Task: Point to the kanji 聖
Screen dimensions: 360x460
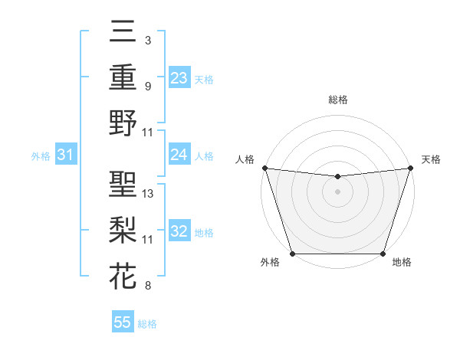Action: [x=123, y=185]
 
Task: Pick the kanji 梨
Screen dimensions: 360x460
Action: [x=123, y=231]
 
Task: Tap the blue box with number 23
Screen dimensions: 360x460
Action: [x=179, y=78]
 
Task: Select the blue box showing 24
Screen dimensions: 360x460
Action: [x=179, y=155]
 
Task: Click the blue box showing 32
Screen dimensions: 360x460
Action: [x=179, y=232]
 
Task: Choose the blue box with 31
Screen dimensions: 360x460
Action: [x=66, y=155]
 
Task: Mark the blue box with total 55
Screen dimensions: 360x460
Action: [x=123, y=322]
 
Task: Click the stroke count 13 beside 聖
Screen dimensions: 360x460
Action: [x=148, y=194]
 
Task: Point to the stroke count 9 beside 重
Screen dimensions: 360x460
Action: [x=148, y=86]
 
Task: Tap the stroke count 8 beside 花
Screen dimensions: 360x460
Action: [x=148, y=286]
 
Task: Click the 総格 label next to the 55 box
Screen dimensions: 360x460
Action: [x=148, y=324]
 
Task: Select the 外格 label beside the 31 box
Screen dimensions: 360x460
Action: [x=41, y=156]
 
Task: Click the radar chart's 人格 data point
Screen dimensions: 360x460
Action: [x=264, y=168]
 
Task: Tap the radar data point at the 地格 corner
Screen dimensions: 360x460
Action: [x=383, y=254]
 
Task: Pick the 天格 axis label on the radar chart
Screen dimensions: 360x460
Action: [x=431, y=159]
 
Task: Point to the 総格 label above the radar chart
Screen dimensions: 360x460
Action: [x=337, y=100]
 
